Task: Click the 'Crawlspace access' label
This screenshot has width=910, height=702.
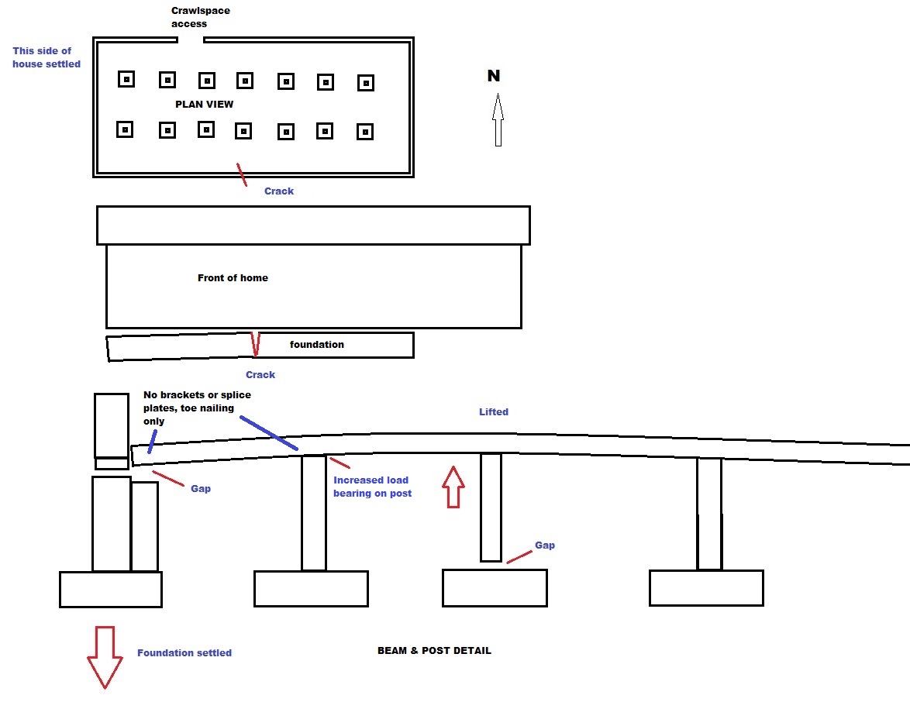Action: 200,17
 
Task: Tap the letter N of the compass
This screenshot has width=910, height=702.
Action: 493,76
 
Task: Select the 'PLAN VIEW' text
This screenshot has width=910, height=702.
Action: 204,104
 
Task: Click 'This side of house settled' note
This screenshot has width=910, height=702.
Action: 47,57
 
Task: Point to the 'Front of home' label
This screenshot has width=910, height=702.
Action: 233,277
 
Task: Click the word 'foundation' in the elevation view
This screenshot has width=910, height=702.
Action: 316,344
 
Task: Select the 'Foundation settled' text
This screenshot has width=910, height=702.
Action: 184,652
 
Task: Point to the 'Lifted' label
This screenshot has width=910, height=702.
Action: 494,411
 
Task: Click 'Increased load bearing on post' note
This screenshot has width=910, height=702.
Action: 372,486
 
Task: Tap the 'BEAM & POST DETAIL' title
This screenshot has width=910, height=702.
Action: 434,650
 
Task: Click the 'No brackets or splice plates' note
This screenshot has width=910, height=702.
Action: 197,408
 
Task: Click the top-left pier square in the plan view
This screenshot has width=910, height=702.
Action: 126,78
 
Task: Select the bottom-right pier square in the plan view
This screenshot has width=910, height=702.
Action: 364,132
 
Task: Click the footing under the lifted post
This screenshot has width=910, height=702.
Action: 495,587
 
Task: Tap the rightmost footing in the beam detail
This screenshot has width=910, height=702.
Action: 706,587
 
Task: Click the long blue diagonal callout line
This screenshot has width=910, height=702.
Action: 269,432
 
